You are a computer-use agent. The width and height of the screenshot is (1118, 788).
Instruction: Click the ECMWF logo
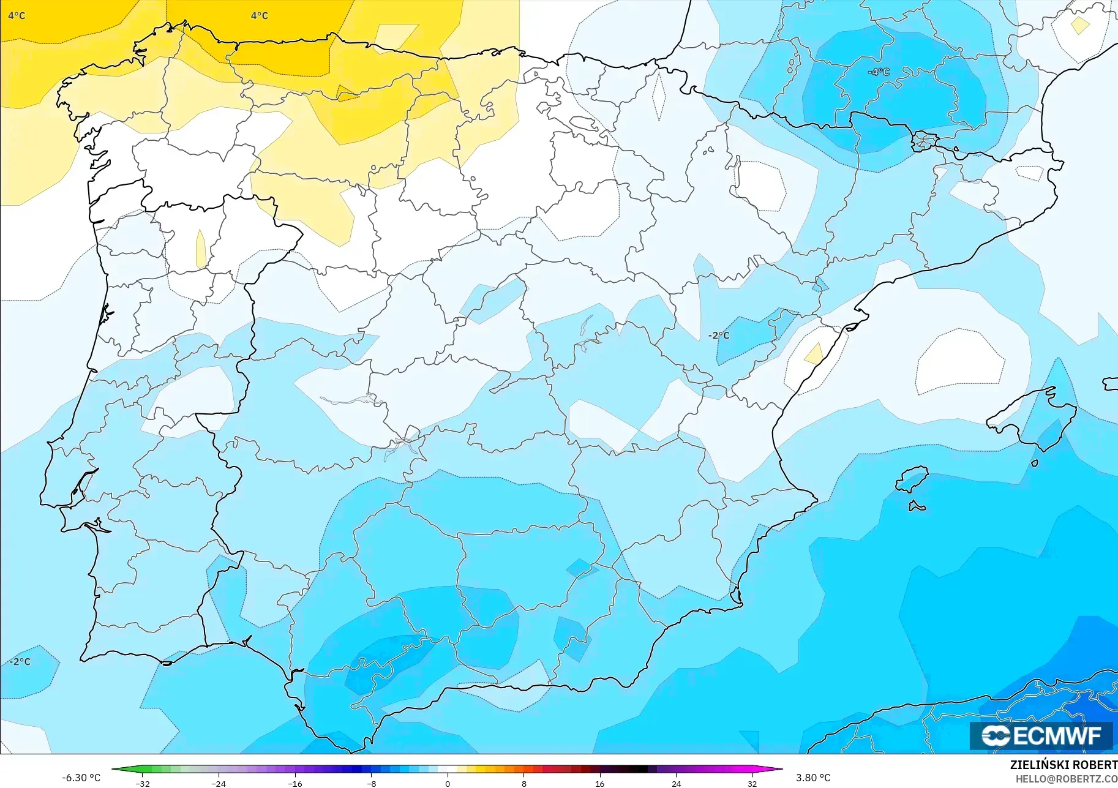[1041, 735]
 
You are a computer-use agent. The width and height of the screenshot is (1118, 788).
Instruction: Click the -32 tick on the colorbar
[143, 783]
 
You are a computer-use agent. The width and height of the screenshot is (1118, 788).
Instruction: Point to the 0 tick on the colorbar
[448, 783]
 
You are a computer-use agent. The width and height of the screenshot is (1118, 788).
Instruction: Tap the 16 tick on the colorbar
[599, 783]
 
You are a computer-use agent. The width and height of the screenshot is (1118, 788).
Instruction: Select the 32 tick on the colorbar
[752, 783]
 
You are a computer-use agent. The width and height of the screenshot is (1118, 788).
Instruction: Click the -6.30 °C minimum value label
[81, 778]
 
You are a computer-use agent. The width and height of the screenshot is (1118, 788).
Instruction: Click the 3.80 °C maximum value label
[813, 778]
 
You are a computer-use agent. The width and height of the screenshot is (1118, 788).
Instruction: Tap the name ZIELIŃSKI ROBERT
[1064, 765]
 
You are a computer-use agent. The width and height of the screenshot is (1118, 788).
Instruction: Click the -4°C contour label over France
[879, 72]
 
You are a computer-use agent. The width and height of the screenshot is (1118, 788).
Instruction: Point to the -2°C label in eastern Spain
[719, 335]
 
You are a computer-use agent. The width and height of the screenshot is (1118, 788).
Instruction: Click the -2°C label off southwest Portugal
[20, 661]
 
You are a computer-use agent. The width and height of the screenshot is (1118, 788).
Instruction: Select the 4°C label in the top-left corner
[17, 15]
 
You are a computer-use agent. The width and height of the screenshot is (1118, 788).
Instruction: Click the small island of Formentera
[917, 506]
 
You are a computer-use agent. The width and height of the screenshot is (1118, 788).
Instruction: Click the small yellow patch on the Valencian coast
[814, 353]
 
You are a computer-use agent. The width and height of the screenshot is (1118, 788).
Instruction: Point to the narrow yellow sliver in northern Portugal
[200, 248]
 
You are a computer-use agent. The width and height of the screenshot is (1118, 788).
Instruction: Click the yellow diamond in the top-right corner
[1079, 25]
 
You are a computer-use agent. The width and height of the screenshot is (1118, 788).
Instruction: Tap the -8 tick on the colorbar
[372, 783]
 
